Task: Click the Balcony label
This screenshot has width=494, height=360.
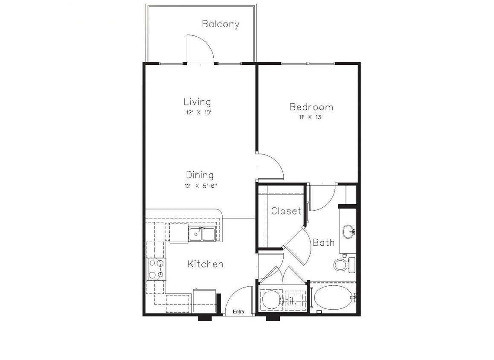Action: pyautogui.click(x=220, y=24)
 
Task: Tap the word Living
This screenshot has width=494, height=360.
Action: pyautogui.click(x=197, y=102)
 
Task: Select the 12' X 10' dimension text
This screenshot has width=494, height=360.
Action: pyautogui.click(x=197, y=113)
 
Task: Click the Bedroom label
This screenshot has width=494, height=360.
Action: pyautogui.click(x=311, y=107)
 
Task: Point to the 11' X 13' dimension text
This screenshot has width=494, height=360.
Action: pyautogui.click(x=311, y=117)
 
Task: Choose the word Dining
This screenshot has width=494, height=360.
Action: pyautogui.click(x=200, y=175)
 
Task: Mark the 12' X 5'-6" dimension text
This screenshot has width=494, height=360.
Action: pyautogui.click(x=199, y=186)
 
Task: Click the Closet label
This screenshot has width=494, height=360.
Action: pyautogui.click(x=286, y=211)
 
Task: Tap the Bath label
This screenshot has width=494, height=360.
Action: pyautogui.click(x=323, y=243)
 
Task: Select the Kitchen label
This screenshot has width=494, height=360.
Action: pyautogui.click(x=205, y=264)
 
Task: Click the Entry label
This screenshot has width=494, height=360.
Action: pyautogui.click(x=238, y=312)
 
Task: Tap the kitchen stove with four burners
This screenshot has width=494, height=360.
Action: pyautogui.click(x=156, y=269)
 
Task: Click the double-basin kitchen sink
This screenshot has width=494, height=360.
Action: pyautogui.click(x=202, y=234)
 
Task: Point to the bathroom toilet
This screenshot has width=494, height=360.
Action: pyautogui.click(x=344, y=264)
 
